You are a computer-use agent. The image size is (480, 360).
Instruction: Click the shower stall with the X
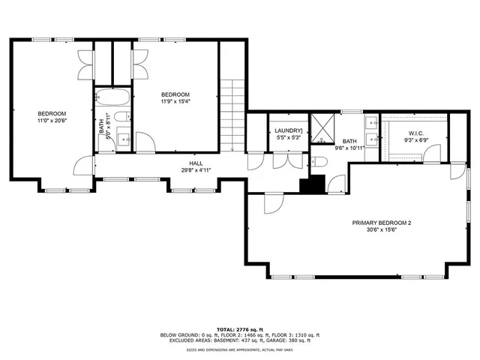323,127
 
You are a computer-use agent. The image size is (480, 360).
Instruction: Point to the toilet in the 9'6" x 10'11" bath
318,162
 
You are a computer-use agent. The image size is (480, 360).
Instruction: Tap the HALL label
196,163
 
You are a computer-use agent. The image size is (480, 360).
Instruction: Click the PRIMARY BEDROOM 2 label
382,223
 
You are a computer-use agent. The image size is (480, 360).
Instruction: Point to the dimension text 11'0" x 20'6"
52,120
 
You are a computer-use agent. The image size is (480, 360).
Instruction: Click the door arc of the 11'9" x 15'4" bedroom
149,142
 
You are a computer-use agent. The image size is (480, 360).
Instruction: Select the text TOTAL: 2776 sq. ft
239,329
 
